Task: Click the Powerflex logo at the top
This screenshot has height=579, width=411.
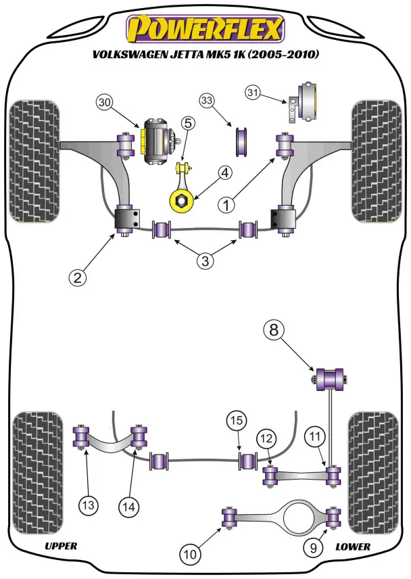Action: [206, 28]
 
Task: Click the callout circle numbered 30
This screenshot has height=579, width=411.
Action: [103, 103]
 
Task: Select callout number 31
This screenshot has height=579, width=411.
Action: [253, 92]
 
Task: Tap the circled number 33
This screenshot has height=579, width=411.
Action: [206, 101]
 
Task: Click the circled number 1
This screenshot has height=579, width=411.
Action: [227, 202]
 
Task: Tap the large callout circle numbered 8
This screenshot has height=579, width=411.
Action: [274, 331]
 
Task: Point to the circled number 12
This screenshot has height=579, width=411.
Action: [266, 440]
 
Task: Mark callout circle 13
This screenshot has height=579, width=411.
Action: [89, 504]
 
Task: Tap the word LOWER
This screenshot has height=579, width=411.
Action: [353, 546]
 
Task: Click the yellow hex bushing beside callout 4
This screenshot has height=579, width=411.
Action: [181, 200]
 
